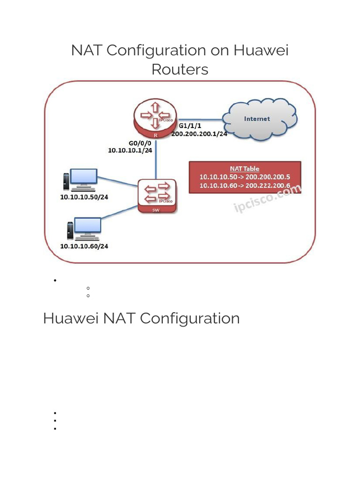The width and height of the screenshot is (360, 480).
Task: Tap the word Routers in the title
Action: coord(180,69)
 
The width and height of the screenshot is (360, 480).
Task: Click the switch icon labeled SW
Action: coord(157,196)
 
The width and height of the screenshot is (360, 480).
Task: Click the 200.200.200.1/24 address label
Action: coord(199,134)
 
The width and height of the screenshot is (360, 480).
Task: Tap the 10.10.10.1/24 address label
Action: coord(130,150)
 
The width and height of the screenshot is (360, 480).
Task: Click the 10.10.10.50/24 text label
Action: coord(84,197)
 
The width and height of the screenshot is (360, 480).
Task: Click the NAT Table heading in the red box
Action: coord(244,169)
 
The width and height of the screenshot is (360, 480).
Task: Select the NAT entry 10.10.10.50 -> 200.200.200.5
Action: coord(244,177)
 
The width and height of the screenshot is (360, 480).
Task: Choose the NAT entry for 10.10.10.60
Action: coord(244,185)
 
